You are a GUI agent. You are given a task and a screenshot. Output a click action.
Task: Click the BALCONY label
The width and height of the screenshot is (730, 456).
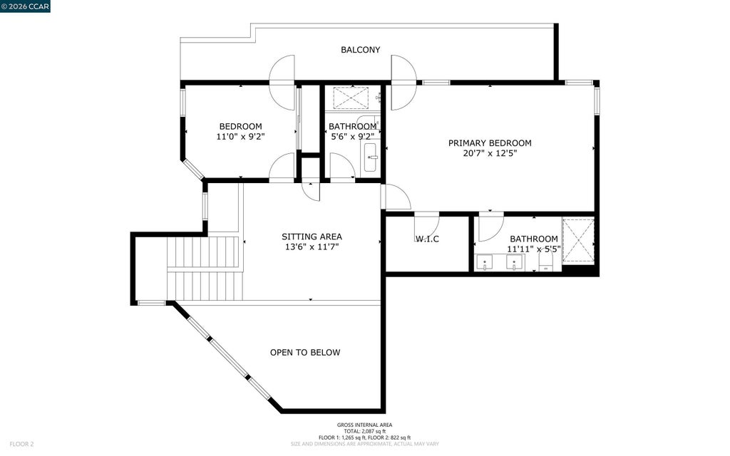360,50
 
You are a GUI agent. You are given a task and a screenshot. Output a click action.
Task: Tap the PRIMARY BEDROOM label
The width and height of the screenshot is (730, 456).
490,142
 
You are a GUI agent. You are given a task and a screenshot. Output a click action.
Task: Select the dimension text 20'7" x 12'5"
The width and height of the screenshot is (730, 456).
490,153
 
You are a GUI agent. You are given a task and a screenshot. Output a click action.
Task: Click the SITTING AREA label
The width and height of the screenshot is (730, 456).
312,237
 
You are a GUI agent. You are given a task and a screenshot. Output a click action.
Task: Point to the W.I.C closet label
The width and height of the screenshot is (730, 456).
428,239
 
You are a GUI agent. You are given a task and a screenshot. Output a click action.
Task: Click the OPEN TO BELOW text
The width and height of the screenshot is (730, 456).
305,352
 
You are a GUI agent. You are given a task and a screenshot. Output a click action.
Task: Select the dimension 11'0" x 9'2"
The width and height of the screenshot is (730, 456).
241,136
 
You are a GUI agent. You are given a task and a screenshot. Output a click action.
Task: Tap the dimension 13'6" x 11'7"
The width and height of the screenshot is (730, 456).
312,247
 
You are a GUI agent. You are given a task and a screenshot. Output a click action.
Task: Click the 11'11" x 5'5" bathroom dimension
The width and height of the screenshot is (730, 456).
533,249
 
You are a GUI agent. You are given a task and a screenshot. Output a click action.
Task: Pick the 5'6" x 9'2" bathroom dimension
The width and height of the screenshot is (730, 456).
352,136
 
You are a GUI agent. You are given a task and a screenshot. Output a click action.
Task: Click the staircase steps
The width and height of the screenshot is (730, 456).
204,269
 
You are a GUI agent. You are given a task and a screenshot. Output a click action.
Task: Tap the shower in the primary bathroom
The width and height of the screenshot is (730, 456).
578,241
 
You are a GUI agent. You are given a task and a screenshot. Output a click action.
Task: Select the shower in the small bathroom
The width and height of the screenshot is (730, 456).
352,98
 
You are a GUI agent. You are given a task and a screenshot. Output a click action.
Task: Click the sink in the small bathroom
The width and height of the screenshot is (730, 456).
370,157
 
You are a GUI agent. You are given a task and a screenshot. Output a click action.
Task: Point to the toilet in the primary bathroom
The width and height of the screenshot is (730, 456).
546,263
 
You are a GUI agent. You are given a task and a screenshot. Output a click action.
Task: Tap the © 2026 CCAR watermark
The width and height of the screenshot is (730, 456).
25,6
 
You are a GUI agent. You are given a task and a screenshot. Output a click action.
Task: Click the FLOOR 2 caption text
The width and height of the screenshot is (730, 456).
22,445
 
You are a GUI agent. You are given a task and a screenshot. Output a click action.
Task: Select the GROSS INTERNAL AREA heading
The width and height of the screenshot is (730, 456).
364,425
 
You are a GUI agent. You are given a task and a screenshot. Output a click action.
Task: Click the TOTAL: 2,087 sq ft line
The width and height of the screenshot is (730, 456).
364,431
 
